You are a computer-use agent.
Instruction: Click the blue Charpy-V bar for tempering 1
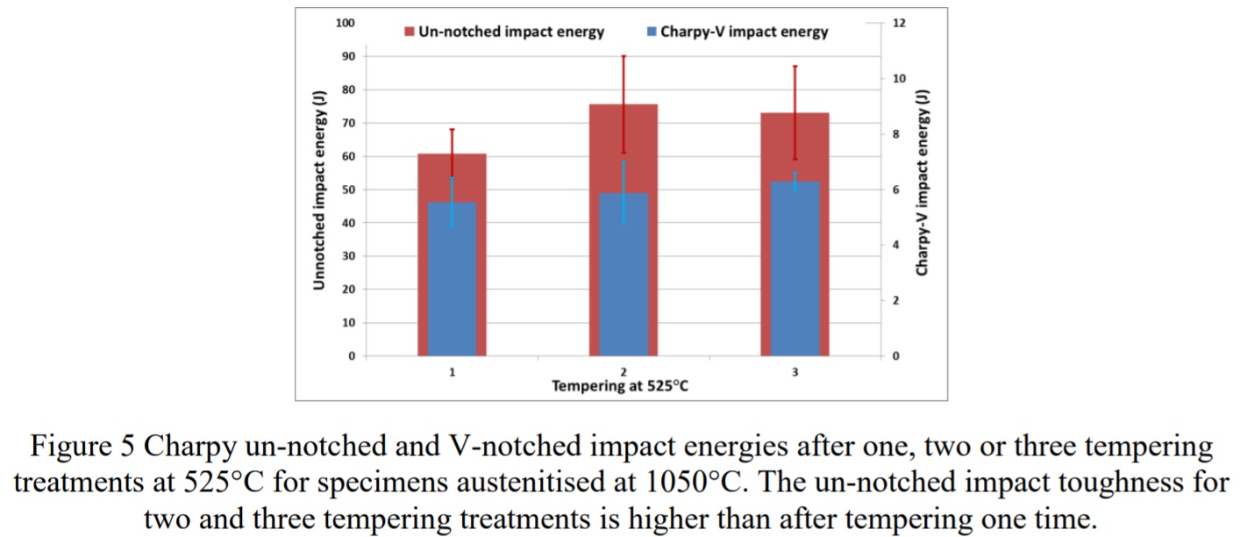pyautogui.click(x=452, y=281)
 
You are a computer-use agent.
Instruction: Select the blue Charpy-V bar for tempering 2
pyautogui.click(x=624, y=276)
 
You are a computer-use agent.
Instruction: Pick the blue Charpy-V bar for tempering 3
pyautogui.click(x=795, y=270)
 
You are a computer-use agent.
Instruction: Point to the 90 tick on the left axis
pyautogui.click(x=349, y=56)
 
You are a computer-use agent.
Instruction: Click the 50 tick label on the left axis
pyautogui.click(x=349, y=190)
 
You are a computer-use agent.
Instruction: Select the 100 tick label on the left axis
pyautogui.click(x=346, y=23)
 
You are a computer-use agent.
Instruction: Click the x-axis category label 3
pyautogui.click(x=795, y=372)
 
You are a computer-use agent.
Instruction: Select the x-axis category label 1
pyautogui.click(x=452, y=372)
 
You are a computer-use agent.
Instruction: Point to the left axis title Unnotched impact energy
pyautogui.click(x=320, y=190)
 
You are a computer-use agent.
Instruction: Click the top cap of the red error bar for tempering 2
pyautogui.click(x=624, y=56)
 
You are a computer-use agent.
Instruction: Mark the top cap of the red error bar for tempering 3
pyautogui.click(x=795, y=67)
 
